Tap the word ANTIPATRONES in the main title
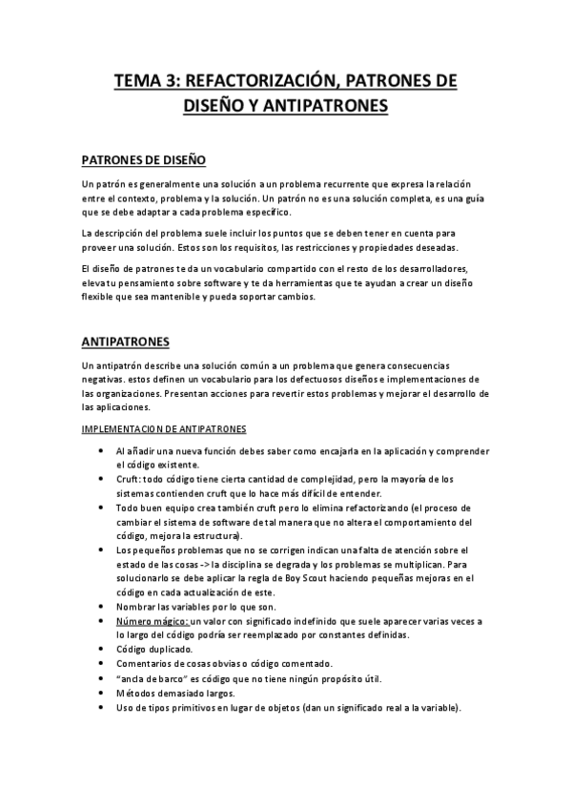[330, 107]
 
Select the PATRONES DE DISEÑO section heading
[144, 159]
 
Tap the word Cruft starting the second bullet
[129, 479]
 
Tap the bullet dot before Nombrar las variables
[102, 607]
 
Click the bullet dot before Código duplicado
[102, 649]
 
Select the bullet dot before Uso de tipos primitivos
[102, 707]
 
